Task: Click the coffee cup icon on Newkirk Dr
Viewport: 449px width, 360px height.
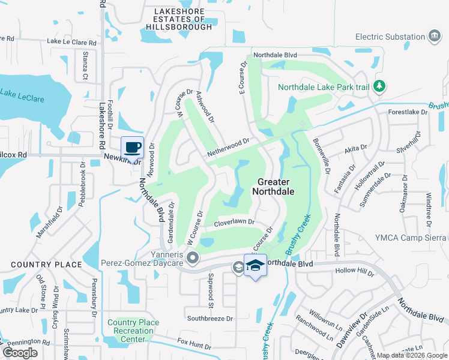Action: pyautogui.click(x=132, y=146)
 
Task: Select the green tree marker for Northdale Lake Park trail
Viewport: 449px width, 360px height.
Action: pyautogui.click(x=379, y=87)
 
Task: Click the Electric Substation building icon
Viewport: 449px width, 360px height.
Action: pyautogui.click(x=434, y=37)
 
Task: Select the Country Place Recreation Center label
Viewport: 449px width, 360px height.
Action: pyautogui.click(x=133, y=331)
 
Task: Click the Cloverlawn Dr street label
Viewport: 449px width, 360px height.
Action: pyautogui.click(x=235, y=223)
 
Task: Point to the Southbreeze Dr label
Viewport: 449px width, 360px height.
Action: pyautogui.click(x=209, y=318)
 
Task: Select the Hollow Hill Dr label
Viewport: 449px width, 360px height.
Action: pyautogui.click(x=357, y=272)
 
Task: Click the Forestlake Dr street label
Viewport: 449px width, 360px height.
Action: pyautogui.click(x=408, y=112)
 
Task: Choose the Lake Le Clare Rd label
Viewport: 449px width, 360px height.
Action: pyautogui.click(x=71, y=43)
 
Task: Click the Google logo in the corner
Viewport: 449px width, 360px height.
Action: pyautogui.click(x=20, y=353)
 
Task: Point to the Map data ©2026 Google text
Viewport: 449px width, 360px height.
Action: pyautogui.click(x=411, y=355)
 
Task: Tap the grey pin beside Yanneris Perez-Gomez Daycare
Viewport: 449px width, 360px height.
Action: pyautogui.click(x=193, y=259)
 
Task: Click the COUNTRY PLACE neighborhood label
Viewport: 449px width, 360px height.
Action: pyautogui.click(x=46, y=265)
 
